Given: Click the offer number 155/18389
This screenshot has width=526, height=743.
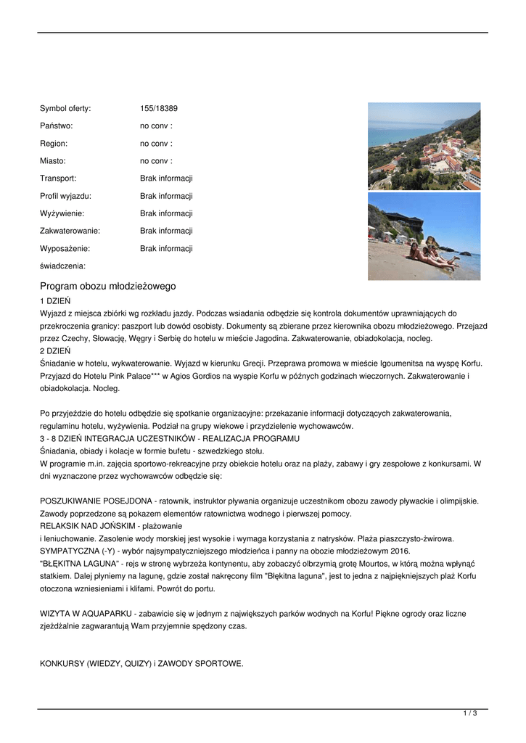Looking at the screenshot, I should point(159,109).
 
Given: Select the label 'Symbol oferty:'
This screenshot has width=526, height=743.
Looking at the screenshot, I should point(65,109).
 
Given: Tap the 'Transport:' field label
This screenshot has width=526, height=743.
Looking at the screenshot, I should point(58,178).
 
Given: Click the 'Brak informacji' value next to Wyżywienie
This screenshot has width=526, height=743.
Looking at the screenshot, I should point(166,213).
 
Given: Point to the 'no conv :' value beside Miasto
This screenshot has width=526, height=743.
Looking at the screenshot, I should point(156,161).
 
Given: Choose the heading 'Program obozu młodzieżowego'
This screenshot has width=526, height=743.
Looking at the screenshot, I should point(107,287).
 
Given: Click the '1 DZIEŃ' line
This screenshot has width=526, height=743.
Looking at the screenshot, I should point(55,300).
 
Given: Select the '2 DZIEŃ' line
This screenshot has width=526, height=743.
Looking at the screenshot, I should point(55,351).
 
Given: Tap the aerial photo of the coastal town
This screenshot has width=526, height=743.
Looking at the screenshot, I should point(424,146).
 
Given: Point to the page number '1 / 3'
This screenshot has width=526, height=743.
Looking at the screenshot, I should point(470,714).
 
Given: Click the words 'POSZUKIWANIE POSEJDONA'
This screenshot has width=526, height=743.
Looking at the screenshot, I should point(96,501).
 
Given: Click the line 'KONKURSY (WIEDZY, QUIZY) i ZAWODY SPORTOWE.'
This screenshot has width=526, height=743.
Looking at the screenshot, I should point(141,664).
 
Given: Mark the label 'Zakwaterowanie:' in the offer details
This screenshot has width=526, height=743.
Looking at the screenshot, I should point(70,231).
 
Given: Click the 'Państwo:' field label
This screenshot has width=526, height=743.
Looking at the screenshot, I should point(57,126).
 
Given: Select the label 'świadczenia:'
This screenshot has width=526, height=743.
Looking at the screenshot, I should point(62,266).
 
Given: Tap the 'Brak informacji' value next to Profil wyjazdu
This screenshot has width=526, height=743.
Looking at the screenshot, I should point(166,196).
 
